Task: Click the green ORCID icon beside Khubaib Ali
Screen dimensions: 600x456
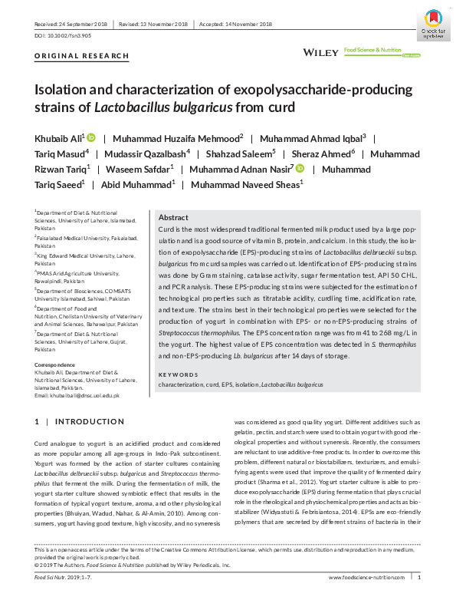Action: (91, 138)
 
